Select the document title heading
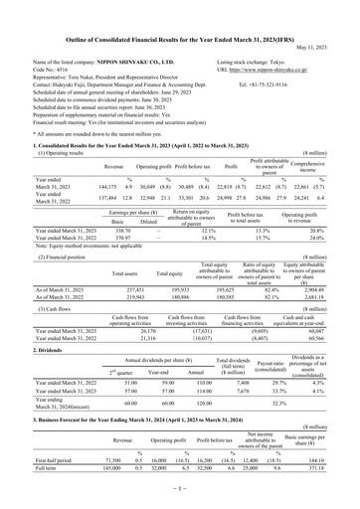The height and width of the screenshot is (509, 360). tap(180, 9)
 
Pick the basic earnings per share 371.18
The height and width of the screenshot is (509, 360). tap(331, 499)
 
